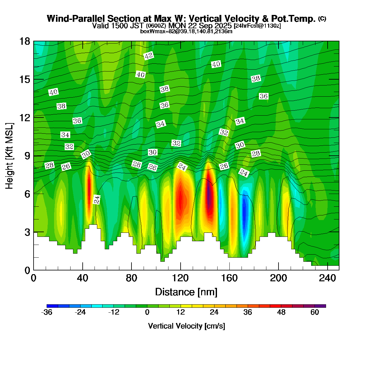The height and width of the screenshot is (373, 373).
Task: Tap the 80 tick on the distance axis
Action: [131, 278]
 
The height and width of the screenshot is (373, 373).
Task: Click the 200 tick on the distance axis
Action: [279, 278]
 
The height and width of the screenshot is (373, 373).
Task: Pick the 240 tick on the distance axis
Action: [328, 278]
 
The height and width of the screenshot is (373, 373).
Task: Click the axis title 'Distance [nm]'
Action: [186, 292]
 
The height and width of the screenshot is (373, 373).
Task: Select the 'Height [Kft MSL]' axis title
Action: [10, 156]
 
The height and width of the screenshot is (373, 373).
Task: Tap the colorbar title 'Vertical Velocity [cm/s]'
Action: [186, 326]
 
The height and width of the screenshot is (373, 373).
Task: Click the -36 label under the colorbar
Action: [47, 312]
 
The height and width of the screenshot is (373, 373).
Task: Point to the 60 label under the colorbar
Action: [315, 312]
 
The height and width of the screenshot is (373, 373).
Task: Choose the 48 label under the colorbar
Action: [281, 312]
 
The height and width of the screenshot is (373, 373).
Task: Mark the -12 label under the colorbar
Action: [114, 312]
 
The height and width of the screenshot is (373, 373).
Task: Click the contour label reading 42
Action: [149, 56]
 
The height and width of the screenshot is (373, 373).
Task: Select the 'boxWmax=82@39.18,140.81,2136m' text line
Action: [186, 31]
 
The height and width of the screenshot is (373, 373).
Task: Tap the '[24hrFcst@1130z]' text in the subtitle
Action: [257, 25]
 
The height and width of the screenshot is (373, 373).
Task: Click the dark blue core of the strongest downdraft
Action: [244, 211]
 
